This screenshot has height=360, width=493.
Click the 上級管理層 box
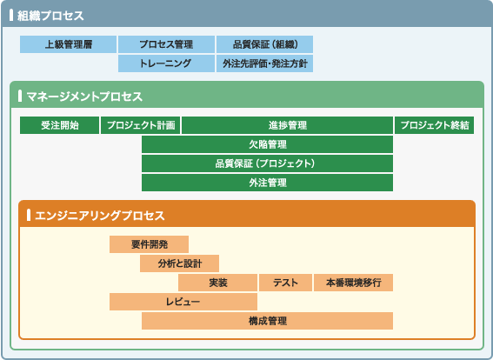tap(68, 44)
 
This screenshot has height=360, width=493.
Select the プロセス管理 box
tap(166, 44)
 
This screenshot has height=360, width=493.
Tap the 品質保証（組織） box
tap(264, 44)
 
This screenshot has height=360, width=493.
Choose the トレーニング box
tap(166, 63)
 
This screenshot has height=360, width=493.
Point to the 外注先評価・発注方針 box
tap(264, 63)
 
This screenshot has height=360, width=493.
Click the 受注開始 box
tap(59, 125)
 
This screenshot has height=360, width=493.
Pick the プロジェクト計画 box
tap(140, 125)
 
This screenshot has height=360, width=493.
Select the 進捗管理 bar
tap(288, 125)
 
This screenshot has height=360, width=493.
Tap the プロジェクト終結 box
tap(434, 125)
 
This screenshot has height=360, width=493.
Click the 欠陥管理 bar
tap(267, 144)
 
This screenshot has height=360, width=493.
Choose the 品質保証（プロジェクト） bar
tap(267, 163)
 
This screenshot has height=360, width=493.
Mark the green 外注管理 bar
tap(267, 183)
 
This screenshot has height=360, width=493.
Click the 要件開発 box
tap(149, 244)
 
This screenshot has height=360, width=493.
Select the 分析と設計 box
tap(179, 263)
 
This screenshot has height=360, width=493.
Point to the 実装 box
tap(218, 283)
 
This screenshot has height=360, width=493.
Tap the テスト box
tap(285, 283)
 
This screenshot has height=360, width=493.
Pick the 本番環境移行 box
tap(353, 283)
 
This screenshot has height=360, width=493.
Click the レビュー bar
tap(183, 302)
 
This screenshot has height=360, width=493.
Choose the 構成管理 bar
tap(267, 321)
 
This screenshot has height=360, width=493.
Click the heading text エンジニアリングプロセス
tap(100, 216)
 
